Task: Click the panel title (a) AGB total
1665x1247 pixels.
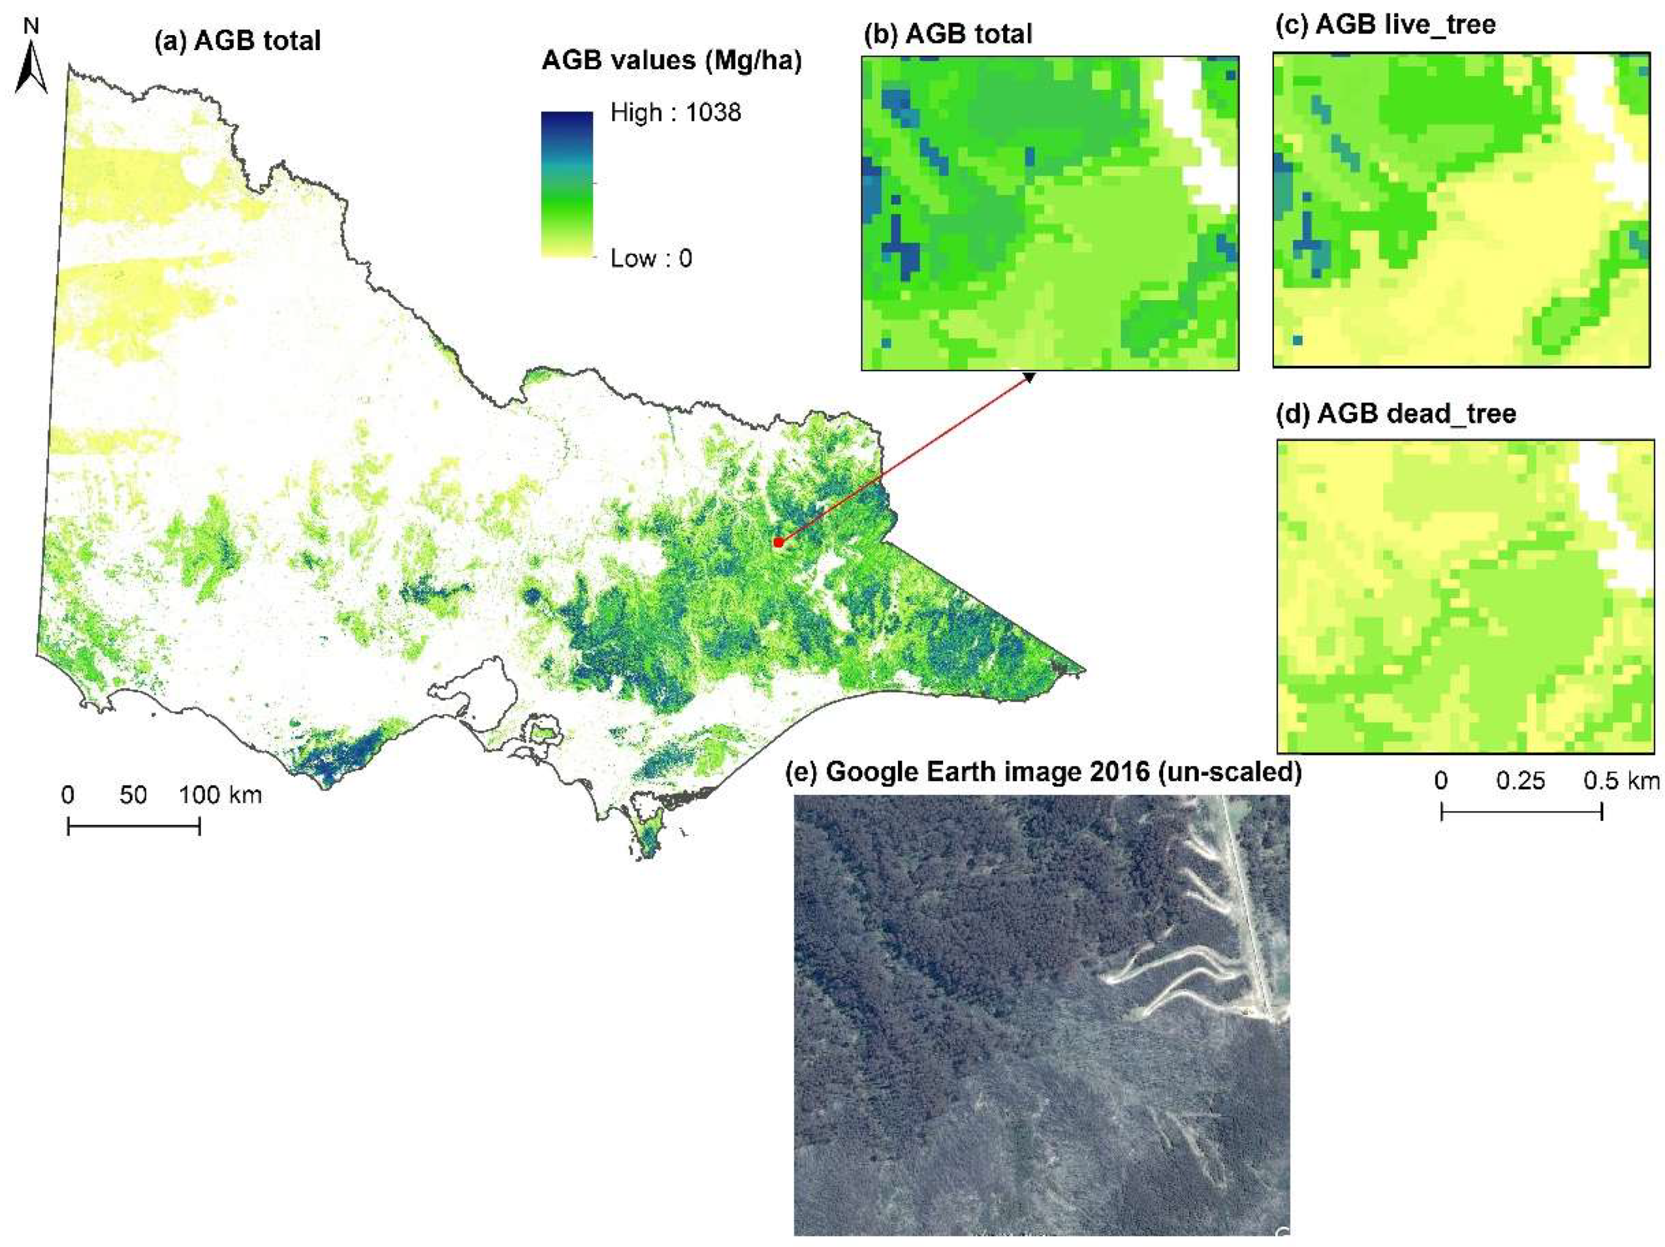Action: click(237, 41)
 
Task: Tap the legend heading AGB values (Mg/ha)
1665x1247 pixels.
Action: click(671, 61)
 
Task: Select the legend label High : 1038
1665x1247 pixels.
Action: click(675, 113)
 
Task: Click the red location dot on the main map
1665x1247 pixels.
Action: click(778, 542)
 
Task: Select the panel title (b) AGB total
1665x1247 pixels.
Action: click(949, 34)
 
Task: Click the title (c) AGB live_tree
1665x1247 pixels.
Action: click(1385, 25)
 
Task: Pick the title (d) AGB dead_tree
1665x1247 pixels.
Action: click(1397, 414)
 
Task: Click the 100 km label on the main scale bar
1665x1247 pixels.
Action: click(220, 795)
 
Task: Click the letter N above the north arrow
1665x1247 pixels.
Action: click(31, 26)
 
